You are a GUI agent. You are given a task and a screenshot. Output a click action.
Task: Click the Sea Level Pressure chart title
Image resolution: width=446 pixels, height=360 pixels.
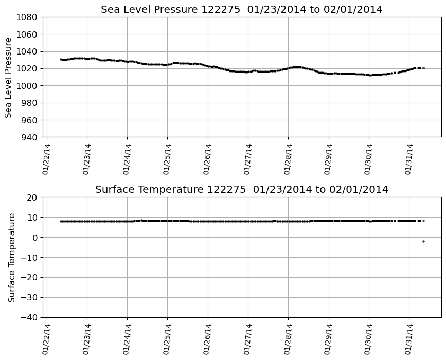241,10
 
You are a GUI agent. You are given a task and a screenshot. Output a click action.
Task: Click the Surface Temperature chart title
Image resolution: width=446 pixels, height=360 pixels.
241,190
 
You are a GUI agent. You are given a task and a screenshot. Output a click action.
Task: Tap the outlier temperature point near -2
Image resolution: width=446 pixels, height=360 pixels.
423,241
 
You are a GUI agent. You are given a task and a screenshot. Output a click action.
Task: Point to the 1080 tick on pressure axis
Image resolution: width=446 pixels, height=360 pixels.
26,17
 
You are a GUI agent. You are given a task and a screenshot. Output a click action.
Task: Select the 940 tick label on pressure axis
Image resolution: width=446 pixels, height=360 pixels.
29,137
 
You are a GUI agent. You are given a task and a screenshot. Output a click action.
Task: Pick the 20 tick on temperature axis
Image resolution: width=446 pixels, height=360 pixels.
32,197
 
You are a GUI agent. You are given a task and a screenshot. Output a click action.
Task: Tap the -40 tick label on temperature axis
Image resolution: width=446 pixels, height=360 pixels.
29,317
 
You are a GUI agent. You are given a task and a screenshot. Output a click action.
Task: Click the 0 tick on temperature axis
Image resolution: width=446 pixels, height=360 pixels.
35,238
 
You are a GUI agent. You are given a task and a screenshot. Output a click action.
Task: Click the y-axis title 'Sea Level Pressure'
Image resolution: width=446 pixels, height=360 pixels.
9,77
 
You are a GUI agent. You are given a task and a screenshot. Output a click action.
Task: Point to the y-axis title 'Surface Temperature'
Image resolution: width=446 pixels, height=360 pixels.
12,257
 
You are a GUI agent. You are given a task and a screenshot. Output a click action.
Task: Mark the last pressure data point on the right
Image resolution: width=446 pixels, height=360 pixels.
423,68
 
